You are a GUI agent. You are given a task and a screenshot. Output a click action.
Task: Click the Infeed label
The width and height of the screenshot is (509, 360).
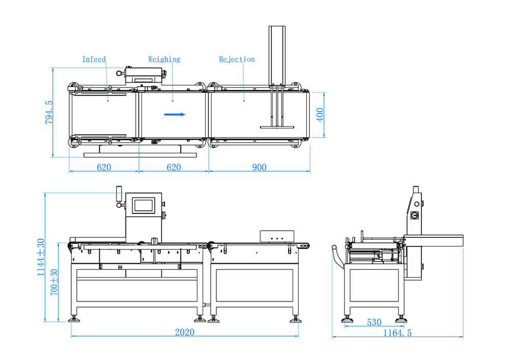pyautogui.click(x=94, y=59)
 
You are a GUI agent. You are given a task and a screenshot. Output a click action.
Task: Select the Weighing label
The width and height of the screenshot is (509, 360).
pyautogui.click(x=164, y=59)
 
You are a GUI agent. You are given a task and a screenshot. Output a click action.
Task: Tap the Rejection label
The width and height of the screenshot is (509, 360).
pyautogui.click(x=237, y=59)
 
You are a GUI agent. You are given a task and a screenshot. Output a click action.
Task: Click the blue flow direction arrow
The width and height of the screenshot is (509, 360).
pyautogui.click(x=175, y=115)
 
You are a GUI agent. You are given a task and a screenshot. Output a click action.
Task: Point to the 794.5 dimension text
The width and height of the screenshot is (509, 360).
pyautogui.click(x=49, y=113)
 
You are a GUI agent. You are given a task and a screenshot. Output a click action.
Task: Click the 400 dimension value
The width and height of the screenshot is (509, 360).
pyautogui.click(x=320, y=115)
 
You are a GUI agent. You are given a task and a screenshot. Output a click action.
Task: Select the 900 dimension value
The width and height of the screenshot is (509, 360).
pyautogui.click(x=259, y=167)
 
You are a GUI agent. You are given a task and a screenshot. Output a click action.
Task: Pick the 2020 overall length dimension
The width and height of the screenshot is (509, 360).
pyautogui.click(x=184, y=332)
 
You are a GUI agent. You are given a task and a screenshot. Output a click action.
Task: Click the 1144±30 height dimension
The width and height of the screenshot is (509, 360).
pyautogui.click(x=41, y=258)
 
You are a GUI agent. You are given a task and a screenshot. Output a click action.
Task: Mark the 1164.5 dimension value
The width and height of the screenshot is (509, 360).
pyautogui.click(x=397, y=333)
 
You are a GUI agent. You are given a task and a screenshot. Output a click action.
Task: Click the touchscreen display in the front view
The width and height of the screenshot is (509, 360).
pyautogui.click(x=142, y=205)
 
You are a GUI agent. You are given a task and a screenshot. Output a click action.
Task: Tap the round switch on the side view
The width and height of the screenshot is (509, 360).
pyautogui.click(x=414, y=215)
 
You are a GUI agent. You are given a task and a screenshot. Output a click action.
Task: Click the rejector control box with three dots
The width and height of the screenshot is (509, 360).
pyautogui.click(x=277, y=236)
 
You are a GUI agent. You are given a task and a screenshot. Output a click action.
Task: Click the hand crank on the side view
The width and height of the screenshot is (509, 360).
pyautogui.click(x=335, y=254)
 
